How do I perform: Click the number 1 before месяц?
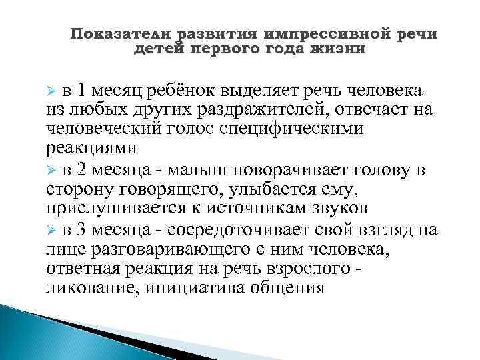[x=81, y=91]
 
